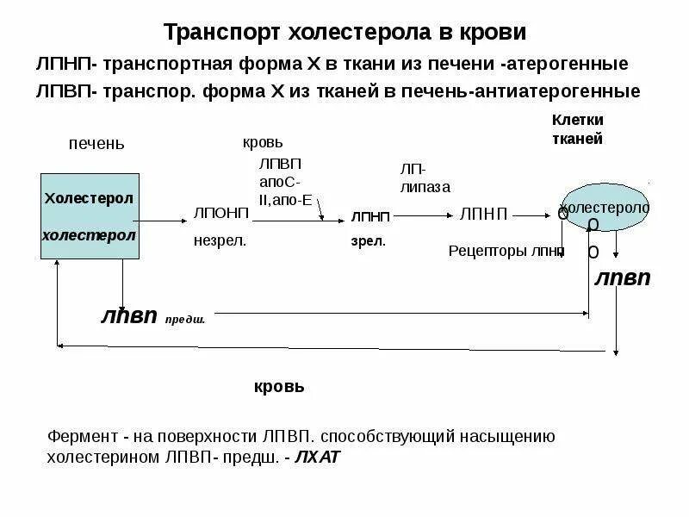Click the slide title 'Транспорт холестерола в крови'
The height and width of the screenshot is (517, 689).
click(344, 33)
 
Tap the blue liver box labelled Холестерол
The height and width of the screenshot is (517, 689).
click(90, 215)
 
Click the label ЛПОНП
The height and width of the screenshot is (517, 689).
click(221, 212)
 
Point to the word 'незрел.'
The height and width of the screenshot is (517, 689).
click(220, 241)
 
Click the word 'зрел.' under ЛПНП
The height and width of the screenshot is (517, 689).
click(368, 241)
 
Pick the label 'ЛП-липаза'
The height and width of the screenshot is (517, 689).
click(425, 178)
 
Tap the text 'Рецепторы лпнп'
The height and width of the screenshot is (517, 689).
click(506, 251)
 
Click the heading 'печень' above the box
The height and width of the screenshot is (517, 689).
click(96, 142)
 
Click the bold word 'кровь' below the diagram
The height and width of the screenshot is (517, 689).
click(279, 386)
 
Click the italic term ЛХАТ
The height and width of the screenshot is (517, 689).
click(318, 457)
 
